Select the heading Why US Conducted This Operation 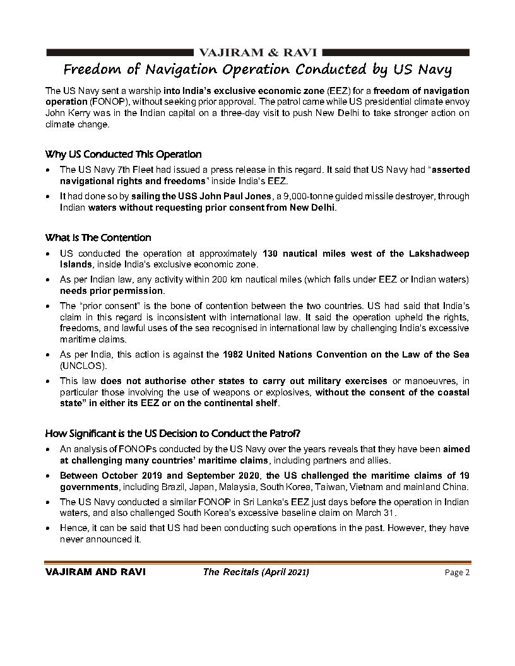coord(123,154)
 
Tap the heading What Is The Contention coord(98,238)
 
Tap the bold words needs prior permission coord(111,291)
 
